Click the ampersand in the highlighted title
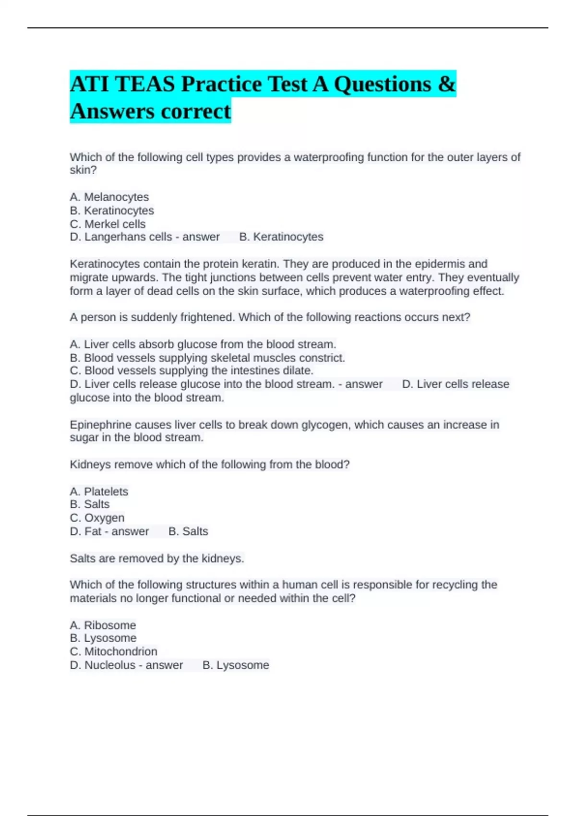point(446,84)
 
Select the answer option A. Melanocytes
point(109,197)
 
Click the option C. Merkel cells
point(108,224)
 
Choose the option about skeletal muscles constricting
point(207,358)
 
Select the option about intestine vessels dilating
point(192,371)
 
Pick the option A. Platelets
point(99,492)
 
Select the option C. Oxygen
point(97,518)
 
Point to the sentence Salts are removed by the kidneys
point(157,558)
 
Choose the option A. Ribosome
point(103,625)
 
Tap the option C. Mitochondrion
point(114,651)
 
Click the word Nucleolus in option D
point(109,665)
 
